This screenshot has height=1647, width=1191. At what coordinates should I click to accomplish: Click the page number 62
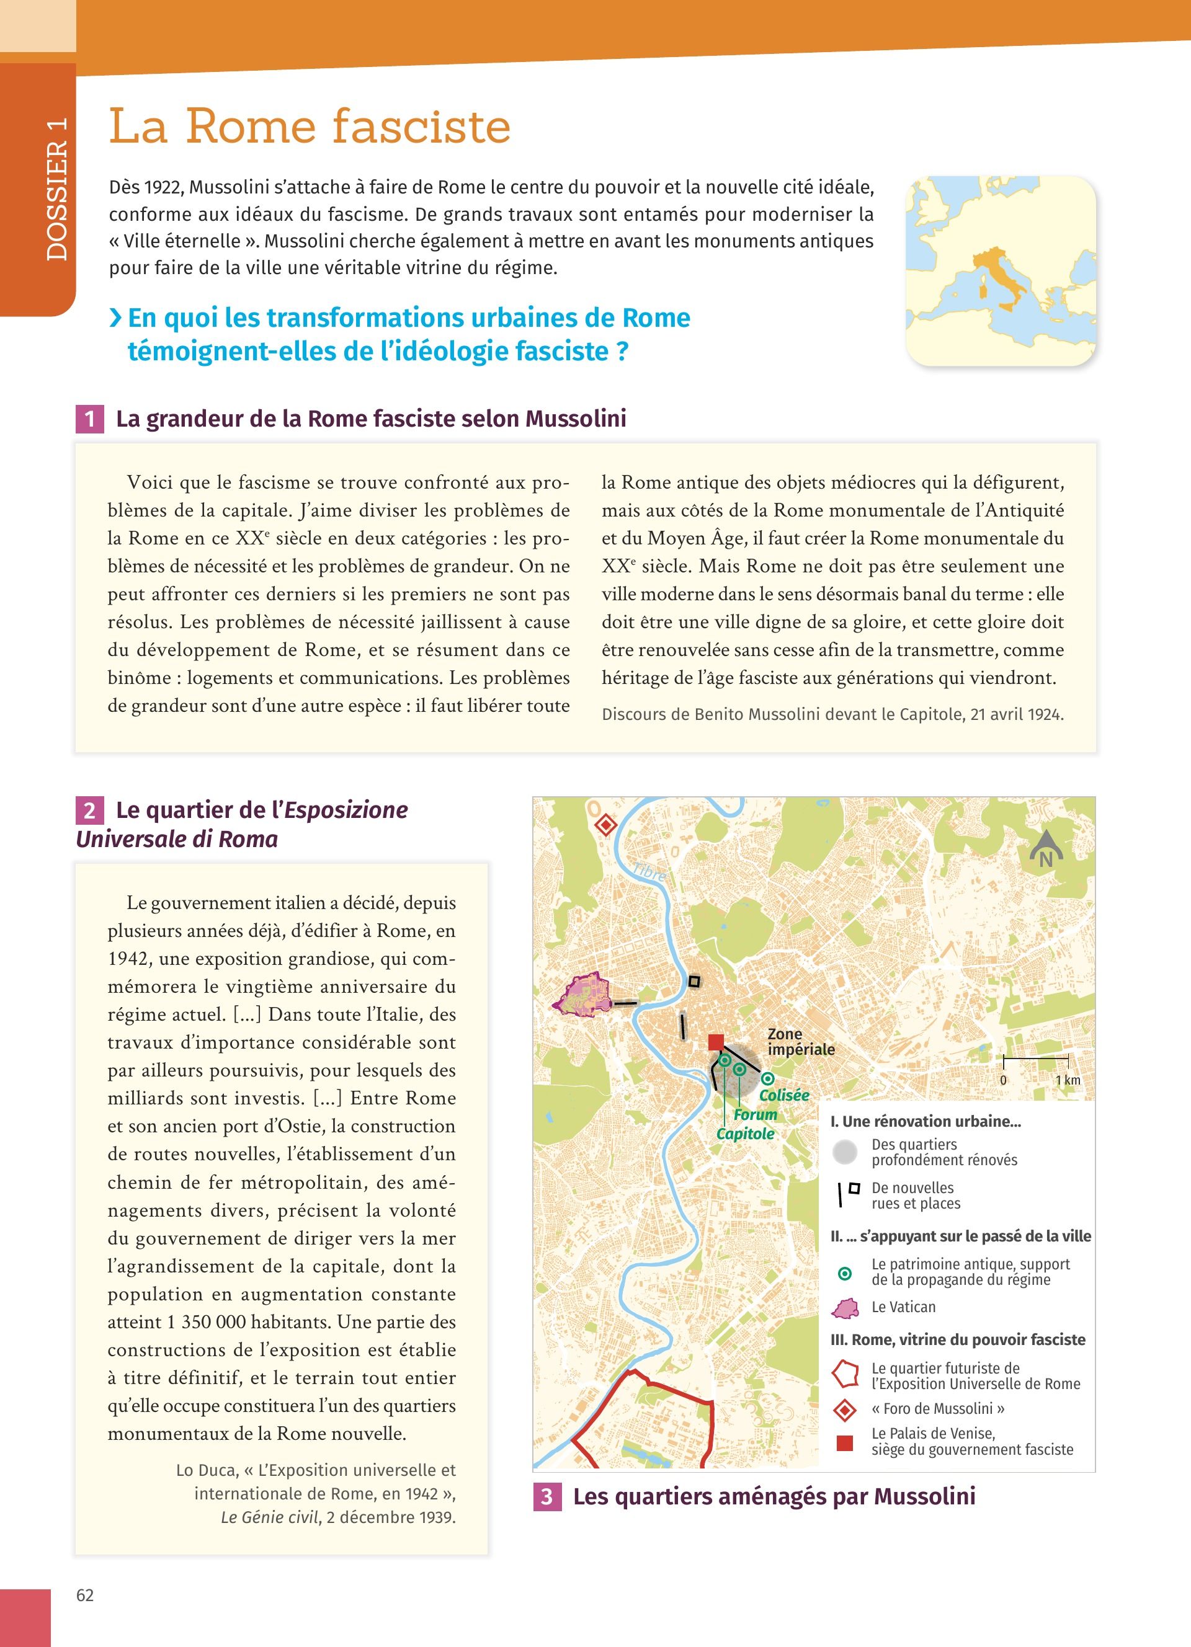click(x=85, y=1596)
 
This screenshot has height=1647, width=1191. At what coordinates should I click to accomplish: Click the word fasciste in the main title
click(x=421, y=127)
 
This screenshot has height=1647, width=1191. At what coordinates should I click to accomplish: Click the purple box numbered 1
click(x=89, y=419)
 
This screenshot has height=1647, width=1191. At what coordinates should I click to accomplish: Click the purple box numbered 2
click(x=89, y=810)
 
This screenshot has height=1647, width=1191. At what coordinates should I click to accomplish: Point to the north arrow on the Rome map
click(x=1046, y=849)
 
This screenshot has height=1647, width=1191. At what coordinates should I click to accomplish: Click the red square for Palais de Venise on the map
click(x=716, y=1042)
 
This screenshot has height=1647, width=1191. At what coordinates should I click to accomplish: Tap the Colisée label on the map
click(x=783, y=1095)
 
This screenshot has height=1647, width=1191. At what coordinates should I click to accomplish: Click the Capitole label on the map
click(x=745, y=1134)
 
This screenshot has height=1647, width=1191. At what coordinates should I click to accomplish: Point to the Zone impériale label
click(x=800, y=1041)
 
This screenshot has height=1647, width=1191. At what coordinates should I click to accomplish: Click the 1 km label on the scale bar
click(x=1068, y=1080)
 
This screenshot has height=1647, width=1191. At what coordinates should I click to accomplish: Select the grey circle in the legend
click(x=845, y=1152)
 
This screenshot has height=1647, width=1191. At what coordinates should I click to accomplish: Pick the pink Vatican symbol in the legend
click(x=845, y=1308)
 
